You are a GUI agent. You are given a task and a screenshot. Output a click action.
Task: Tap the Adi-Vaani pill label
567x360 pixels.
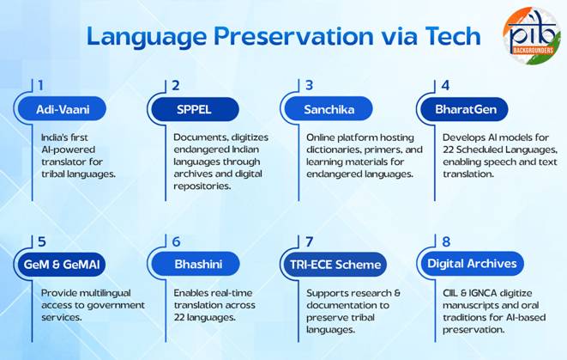pyautogui.click(x=63, y=110)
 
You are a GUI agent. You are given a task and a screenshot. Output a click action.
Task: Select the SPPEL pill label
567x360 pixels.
pyautogui.click(x=194, y=110)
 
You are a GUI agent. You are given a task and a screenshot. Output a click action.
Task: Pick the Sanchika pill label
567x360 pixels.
pyautogui.click(x=329, y=110)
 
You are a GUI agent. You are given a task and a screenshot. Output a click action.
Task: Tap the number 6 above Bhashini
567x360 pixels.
pyautogui.click(x=176, y=242)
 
